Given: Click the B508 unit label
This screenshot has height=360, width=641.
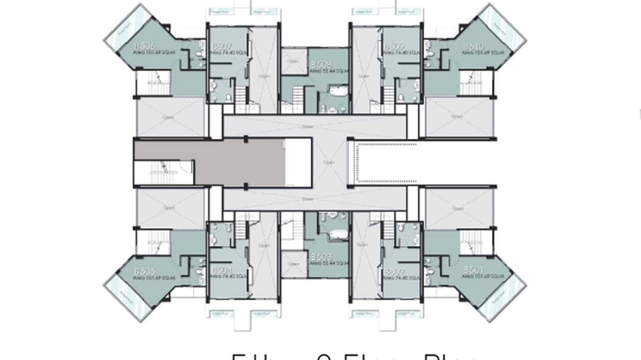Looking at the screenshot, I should tap(319, 64).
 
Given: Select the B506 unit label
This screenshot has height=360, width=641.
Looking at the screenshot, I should tap(144, 46).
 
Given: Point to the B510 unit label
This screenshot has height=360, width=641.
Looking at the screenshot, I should tap(473, 46).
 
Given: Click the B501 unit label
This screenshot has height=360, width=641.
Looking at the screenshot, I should tap(473, 270).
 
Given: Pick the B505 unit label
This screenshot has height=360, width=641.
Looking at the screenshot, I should tap(144, 271).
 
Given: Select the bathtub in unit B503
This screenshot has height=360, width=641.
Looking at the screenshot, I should tap(338, 234).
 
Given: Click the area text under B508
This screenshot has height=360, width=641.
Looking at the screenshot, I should tap(329, 71).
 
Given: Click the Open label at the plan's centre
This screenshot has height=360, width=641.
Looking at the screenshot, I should tap(329, 163).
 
